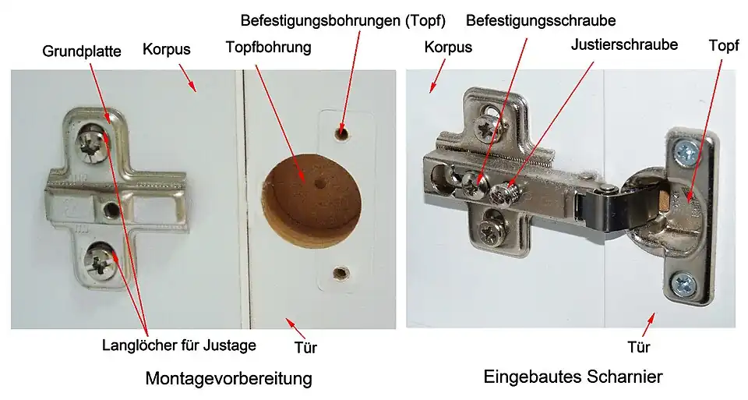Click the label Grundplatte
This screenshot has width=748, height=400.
[x=82, y=51]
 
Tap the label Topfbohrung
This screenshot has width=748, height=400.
[x=269, y=47]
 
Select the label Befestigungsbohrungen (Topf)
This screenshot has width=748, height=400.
[x=343, y=20]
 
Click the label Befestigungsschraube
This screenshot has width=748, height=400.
[x=541, y=20]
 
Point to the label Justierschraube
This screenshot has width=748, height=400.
[x=624, y=44]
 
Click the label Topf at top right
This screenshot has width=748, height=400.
[x=724, y=46]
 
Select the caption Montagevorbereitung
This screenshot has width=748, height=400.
[x=229, y=378]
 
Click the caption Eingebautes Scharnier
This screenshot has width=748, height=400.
[x=573, y=376]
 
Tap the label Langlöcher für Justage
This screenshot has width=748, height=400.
[x=179, y=345]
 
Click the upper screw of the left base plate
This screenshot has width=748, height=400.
[x=90, y=141]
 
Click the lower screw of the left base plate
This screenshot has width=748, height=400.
[x=101, y=260]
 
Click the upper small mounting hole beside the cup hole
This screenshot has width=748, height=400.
[x=341, y=133]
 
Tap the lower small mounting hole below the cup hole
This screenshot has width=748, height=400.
[x=340, y=274]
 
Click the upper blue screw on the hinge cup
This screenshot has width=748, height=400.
[x=686, y=152]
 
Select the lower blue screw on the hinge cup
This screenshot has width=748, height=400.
[x=685, y=285]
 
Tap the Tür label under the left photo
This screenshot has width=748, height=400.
[x=305, y=347]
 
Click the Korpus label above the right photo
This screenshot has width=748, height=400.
[x=448, y=47]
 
